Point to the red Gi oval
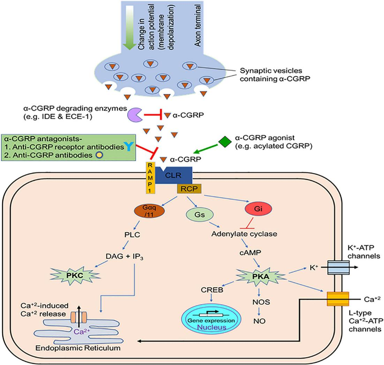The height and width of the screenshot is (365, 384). (x=258, y=210)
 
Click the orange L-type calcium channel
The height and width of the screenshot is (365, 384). (x=337, y=299)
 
